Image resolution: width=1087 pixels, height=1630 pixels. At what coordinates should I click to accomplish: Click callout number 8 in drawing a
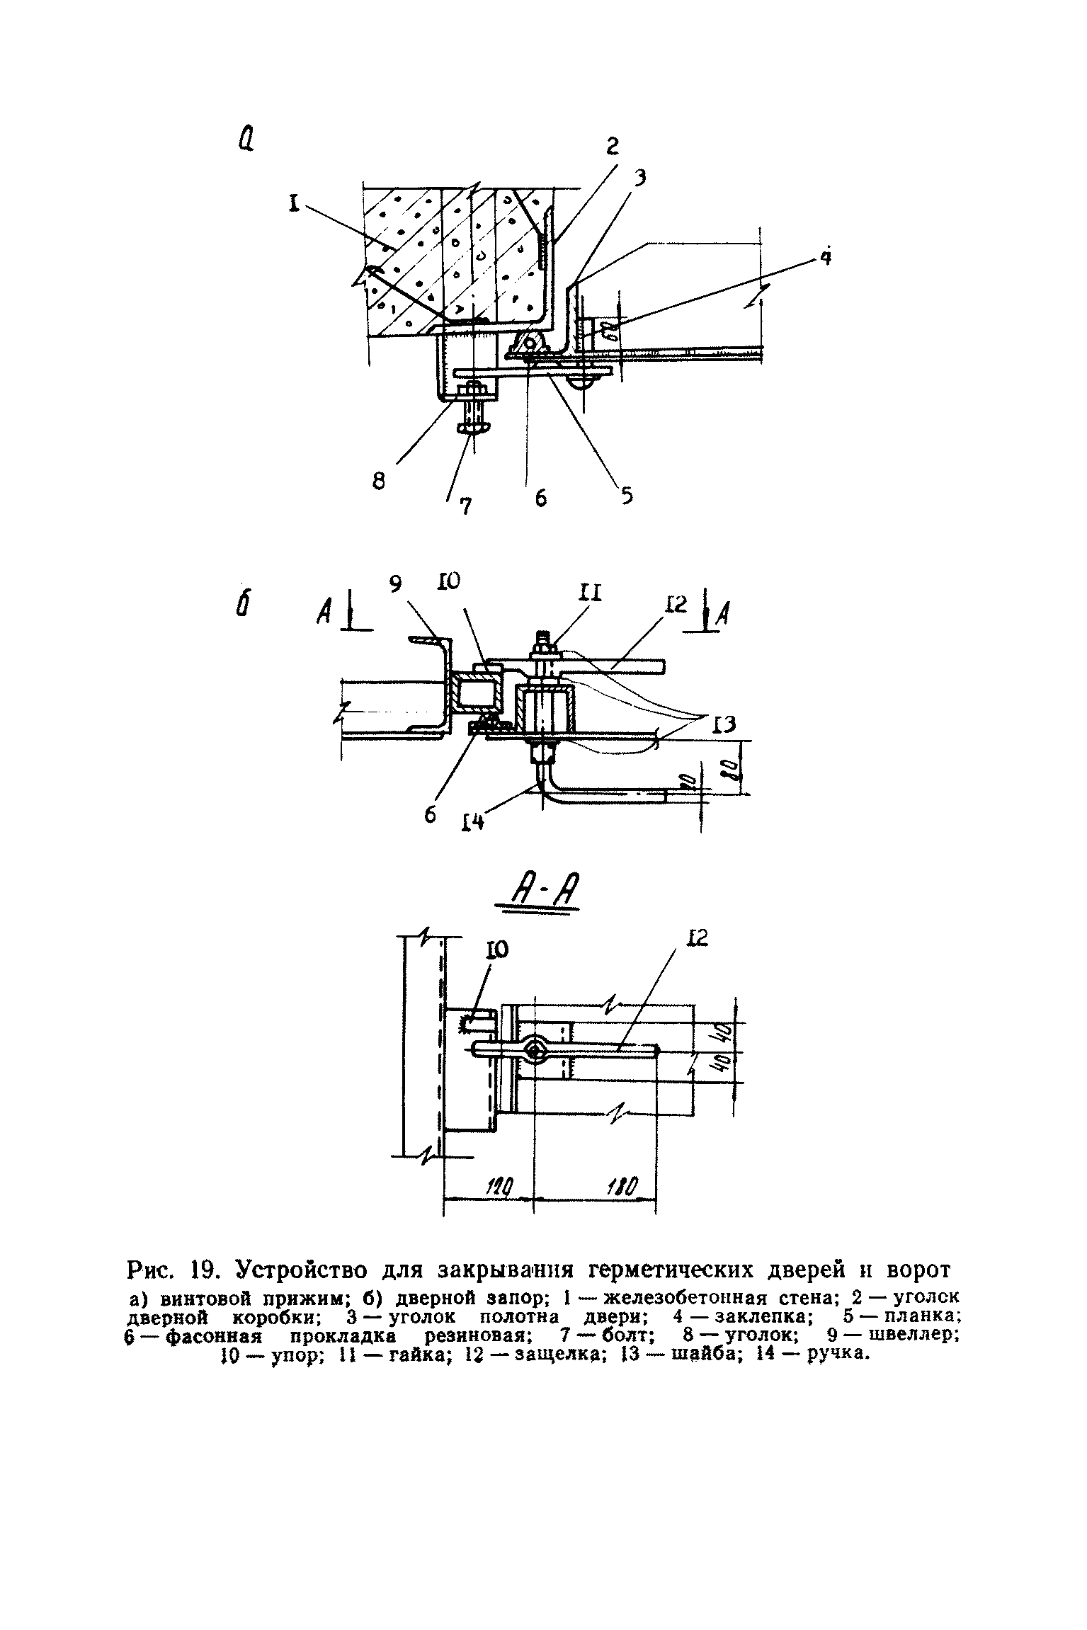(x=379, y=481)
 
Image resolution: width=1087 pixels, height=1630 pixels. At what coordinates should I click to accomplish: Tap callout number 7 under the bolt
(x=465, y=506)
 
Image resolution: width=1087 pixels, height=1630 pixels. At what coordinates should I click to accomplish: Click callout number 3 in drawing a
(x=639, y=178)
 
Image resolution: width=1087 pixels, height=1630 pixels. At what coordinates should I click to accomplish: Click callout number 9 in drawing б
(x=396, y=583)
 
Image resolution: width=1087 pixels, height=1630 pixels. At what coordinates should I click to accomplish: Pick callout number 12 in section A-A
(x=697, y=939)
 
